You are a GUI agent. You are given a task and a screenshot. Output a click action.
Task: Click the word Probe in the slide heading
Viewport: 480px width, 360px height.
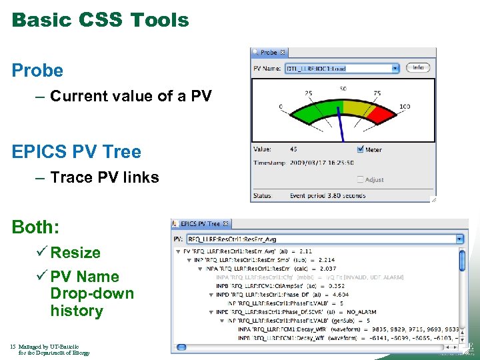click(x=37, y=70)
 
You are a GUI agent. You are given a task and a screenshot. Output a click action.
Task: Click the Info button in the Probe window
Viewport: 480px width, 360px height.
click(x=418, y=67)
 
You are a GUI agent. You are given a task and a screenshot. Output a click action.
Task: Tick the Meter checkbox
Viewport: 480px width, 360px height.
click(x=361, y=149)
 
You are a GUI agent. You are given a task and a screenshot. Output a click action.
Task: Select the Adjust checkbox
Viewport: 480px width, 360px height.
click(x=361, y=179)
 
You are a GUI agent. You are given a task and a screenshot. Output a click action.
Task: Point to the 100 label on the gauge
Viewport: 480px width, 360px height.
click(x=405, y=107)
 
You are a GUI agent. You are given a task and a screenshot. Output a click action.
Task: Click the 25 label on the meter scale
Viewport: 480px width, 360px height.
click(x=309, y=93)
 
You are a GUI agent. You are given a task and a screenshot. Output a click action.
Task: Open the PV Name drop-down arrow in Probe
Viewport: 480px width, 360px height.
click(x=395, y=68)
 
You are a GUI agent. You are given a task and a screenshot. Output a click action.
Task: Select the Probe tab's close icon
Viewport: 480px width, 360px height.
click(x=283, y=52)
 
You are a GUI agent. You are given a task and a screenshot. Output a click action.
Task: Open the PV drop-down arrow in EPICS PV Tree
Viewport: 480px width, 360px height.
click(x=459, y=238)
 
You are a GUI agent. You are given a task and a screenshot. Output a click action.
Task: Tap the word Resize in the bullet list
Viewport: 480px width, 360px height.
click(x=75, y=253)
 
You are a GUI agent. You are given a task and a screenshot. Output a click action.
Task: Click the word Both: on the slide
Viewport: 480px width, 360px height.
click(x=35, y=227)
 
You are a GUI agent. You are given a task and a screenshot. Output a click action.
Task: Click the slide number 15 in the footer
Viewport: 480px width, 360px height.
click(x=13, y=347)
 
